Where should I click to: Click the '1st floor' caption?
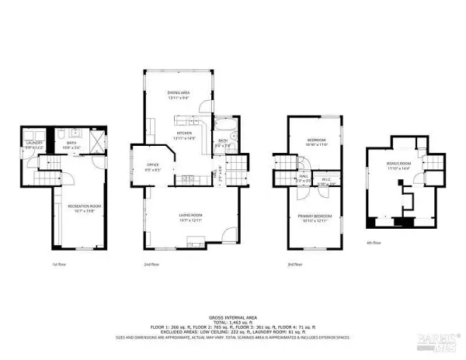(x=59, y=265)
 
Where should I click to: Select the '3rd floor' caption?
(x=294, y=265)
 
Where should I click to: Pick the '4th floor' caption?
(x=374, y=242)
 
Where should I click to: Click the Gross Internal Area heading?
(x=232, y=318)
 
